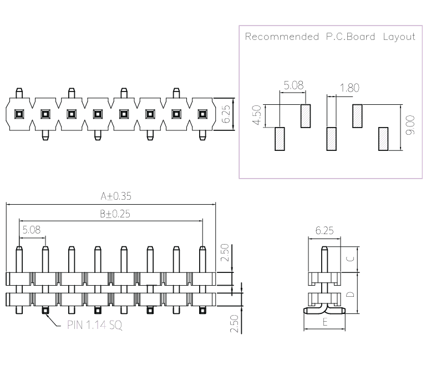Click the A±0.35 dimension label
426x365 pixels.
coord(116,196)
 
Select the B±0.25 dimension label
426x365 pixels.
coord(115,214)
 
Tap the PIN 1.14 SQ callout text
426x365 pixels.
coord(94,325)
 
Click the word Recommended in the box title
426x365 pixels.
coord(282,37)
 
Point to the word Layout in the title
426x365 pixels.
coord(399,37)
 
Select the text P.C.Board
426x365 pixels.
coord(351,37)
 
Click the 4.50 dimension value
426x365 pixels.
coord(257,115)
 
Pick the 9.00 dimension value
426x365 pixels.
coord(410,125)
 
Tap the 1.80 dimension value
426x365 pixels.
coord(349,88)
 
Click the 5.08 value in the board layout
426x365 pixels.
coord(293,85)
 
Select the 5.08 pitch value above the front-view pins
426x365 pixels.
coord(32,230)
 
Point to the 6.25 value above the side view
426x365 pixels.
coord(324,231)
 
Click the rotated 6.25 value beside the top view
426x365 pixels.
coord(226,114)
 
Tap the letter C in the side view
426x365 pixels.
coord(351,258)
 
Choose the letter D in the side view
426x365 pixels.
coord(351,294)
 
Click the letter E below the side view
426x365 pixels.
coord(325,322)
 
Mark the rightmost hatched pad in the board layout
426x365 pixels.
coord(383,139)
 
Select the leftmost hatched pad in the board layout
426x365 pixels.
coord(280,139)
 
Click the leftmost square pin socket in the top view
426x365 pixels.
coord(19,114)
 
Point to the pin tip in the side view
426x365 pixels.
coord(324,248)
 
